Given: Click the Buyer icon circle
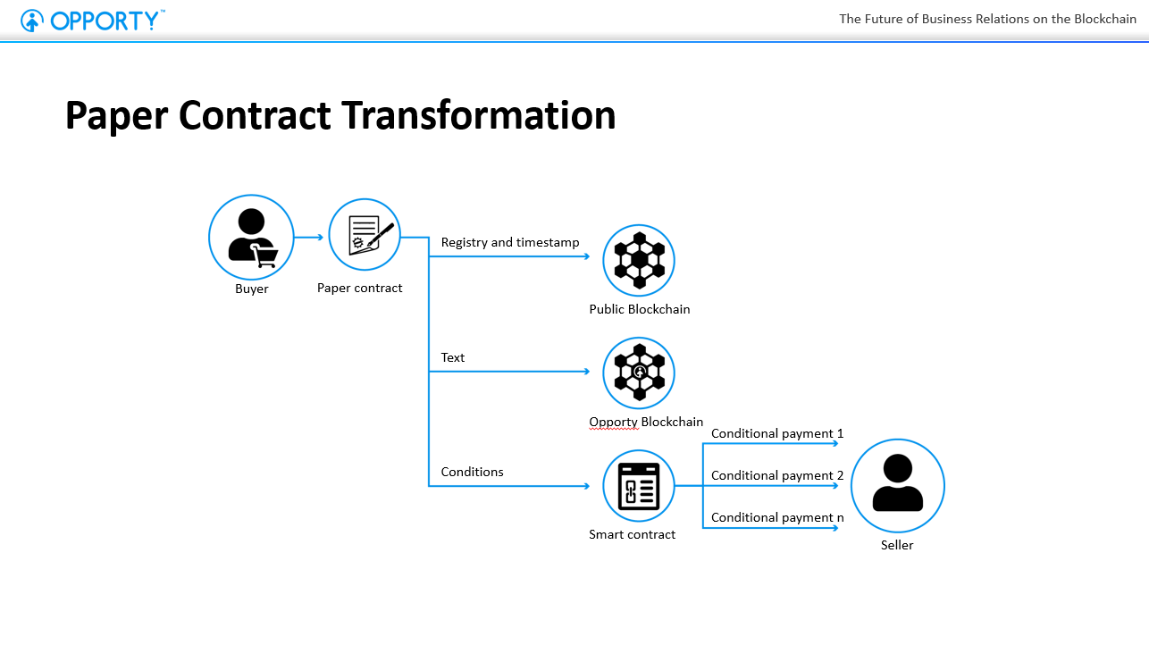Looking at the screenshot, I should point(251,238).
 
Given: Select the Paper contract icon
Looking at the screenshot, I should point(365,235).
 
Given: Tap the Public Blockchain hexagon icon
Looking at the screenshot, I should point(639,260).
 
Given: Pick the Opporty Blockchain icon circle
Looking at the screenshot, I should point(639,373).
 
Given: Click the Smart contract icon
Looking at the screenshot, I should point(639,486).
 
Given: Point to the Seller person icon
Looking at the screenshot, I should point(897,485).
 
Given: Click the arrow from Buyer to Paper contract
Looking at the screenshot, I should point(309,238).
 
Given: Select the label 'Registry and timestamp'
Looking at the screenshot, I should point(510,243).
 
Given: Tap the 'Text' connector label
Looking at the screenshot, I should point(453,357).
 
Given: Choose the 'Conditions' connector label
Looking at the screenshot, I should point(472,472).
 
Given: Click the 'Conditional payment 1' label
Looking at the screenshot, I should point(777,434).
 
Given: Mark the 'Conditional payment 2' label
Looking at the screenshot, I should point(777,475).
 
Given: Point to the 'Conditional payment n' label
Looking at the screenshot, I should point(777,517).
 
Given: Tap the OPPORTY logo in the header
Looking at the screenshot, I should point(93,20).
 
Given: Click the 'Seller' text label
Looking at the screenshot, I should point(897,545).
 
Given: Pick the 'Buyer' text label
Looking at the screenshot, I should point(252,289).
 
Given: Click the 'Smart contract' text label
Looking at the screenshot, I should point(632,535).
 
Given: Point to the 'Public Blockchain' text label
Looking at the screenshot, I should point(640,310).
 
